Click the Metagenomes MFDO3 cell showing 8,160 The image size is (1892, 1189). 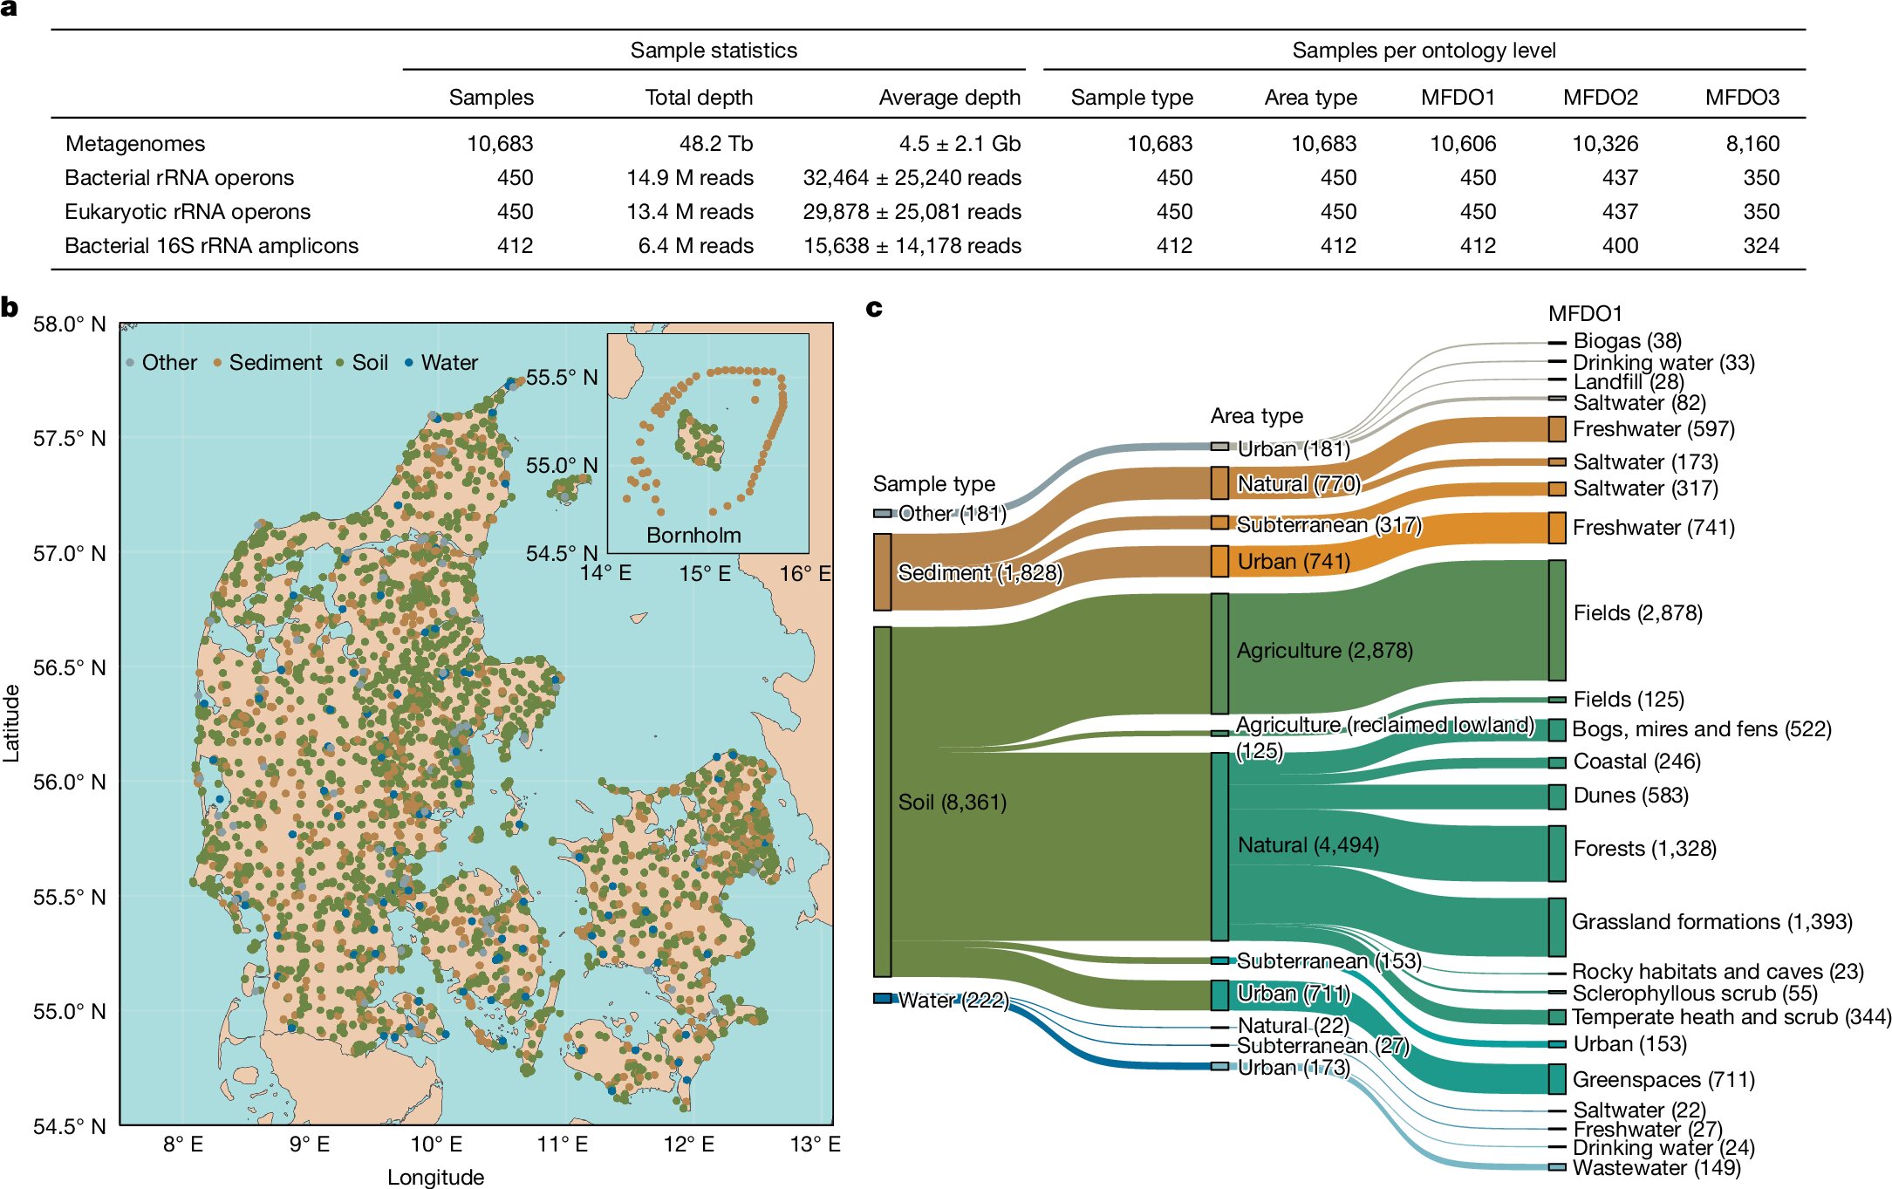(x=1752, y=143)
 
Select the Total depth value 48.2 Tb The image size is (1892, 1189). (x=715, y=143)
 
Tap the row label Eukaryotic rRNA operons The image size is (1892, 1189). (x=188, y=212)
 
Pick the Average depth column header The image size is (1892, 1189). (x=949, y=97)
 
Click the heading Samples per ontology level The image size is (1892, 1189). (x=1424, y=51)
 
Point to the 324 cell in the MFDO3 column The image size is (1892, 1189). (x=1761, y=246)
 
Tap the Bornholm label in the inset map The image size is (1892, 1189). (x=693, y=536)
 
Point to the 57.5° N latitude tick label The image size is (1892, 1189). (x=70, y=439)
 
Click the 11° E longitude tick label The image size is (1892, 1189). (x=563, y=1145)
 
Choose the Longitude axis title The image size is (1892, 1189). (x=435, y=1177)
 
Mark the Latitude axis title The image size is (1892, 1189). (x=11, y=724)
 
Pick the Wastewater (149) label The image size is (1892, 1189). (x=1656, y=1168)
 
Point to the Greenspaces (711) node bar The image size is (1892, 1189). (x=1557, y=1079)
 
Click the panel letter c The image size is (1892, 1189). (x=874, y=308)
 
